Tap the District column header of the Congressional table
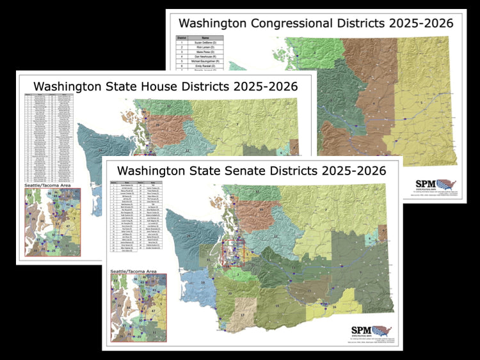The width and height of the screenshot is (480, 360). point(182,39)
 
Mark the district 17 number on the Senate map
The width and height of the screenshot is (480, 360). point(243,315)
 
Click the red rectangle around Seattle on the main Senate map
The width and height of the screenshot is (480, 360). point(232,251)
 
